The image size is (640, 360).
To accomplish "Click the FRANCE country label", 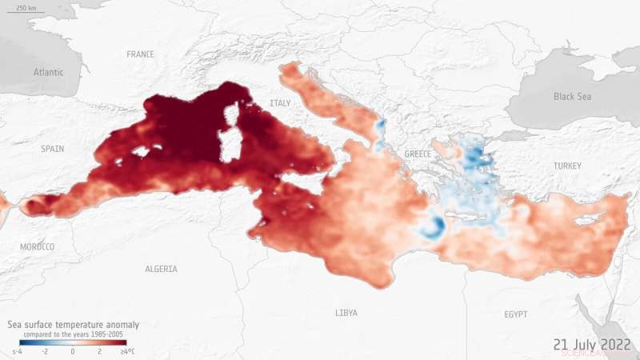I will tap(140, 54).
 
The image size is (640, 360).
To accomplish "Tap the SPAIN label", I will tap(54, 150).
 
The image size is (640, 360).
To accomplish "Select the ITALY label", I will tap(281, 103).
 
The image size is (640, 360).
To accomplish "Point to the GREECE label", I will tap(418, 154).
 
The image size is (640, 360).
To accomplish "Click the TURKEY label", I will tap(546, 165).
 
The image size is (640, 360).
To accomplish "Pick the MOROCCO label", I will tap(38, 247).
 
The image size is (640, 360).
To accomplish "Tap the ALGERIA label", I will tap(161, 270).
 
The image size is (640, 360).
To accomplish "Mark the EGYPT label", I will tap(516, 315).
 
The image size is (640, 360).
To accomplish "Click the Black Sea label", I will tap(574, 97).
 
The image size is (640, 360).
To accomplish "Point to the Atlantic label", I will tap(48, 72).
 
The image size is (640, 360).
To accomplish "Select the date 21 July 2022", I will tap(590, 344).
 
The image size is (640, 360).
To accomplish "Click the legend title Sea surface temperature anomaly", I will tap(74, 325).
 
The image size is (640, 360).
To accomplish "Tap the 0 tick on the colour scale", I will tap(73, 351).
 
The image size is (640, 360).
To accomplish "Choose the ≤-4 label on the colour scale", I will tap(17, 351).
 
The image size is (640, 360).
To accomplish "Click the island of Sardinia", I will tap(231, 144).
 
